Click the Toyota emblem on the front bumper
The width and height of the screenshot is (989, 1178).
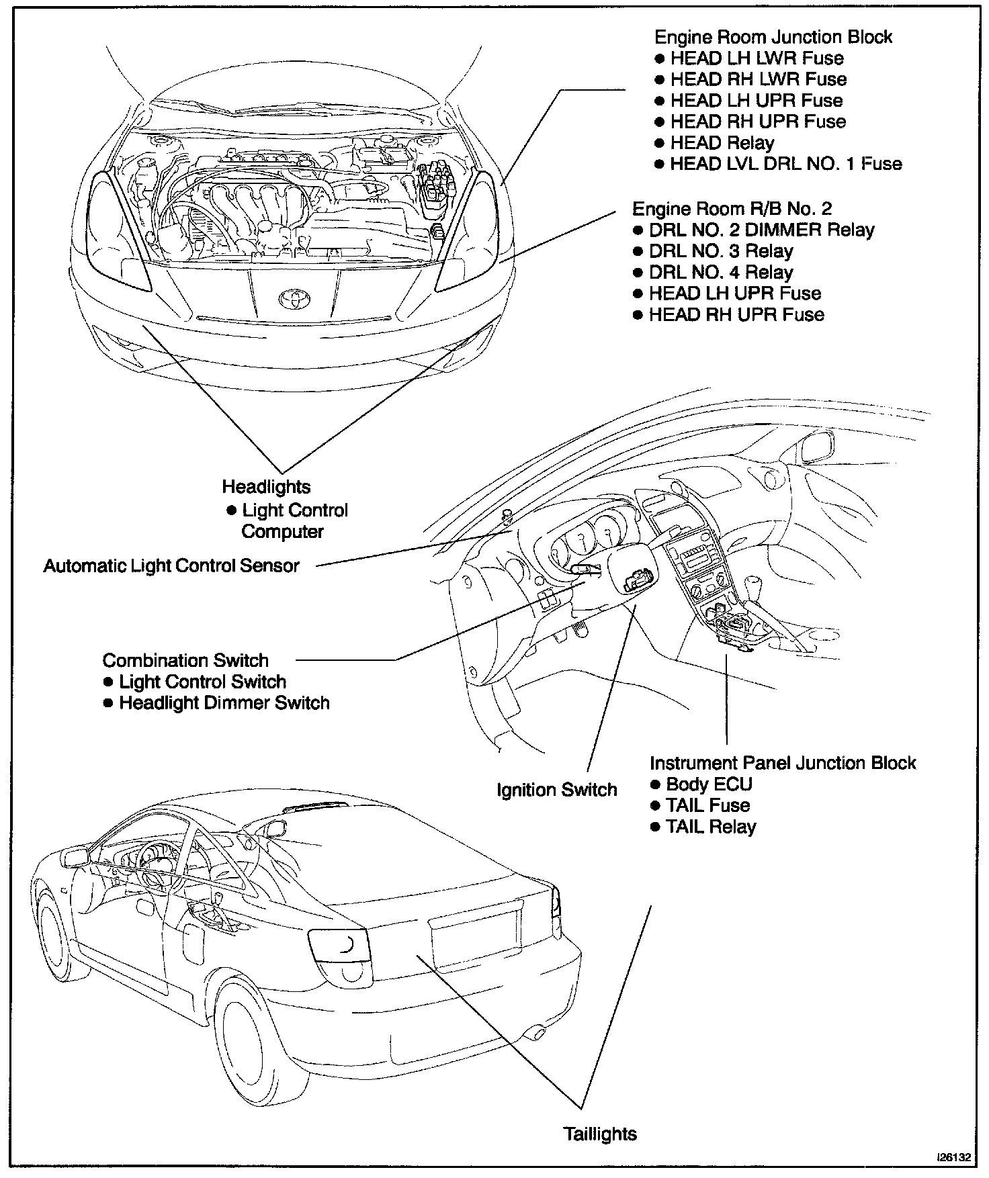click(x=290, y=298)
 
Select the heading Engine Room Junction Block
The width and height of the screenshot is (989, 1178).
click(x=773, y=37)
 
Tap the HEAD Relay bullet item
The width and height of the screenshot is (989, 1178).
click(x=722, y=143)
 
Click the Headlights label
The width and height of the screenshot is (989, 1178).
click(x=266, y=486)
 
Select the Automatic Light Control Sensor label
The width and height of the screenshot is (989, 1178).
click(x=171, y=565)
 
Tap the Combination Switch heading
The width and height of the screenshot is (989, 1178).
click(x=185, y=660)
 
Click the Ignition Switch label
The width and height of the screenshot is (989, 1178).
click(x=556, y=790)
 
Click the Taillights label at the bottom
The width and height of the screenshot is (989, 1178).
click(x=600, y=1134)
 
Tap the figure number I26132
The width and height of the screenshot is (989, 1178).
click(x=954, y=1158)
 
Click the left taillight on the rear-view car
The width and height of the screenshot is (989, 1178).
click(x=340, y=947)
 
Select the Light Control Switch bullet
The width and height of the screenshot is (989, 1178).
click(x=202, y=682)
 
